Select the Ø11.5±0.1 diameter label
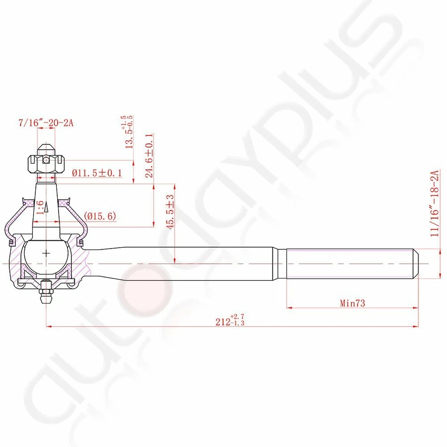point(97,174)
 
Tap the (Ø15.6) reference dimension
point(100,216)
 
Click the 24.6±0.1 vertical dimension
point(149,156)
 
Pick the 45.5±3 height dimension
point(170,212)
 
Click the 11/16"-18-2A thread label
point(435,203)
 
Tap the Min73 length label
point(352,304)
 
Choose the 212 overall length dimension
point(230,321)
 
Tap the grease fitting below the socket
point(46,293)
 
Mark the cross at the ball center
point(46,253)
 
